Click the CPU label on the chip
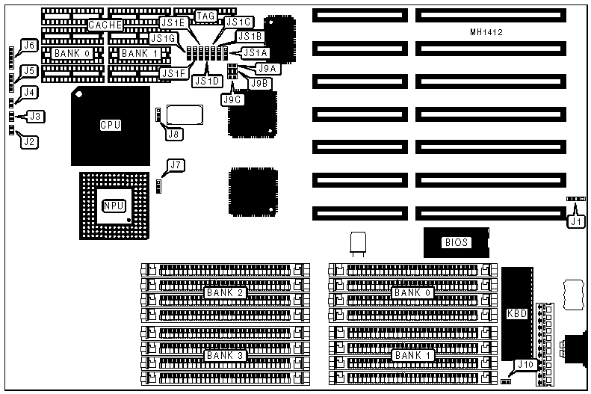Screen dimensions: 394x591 point(110,125)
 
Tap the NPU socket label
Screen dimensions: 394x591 point(113,204)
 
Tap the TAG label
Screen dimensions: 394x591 point(205,16)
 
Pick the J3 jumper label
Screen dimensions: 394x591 point(35,116)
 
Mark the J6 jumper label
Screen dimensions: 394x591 point(29,46)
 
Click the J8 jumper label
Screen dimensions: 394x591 point(173,134)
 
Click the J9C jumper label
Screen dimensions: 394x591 point(231,99)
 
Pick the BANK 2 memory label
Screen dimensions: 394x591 point(225,292)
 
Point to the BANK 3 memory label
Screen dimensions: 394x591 point(225,354)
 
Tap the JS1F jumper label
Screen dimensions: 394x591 point(171,73)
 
